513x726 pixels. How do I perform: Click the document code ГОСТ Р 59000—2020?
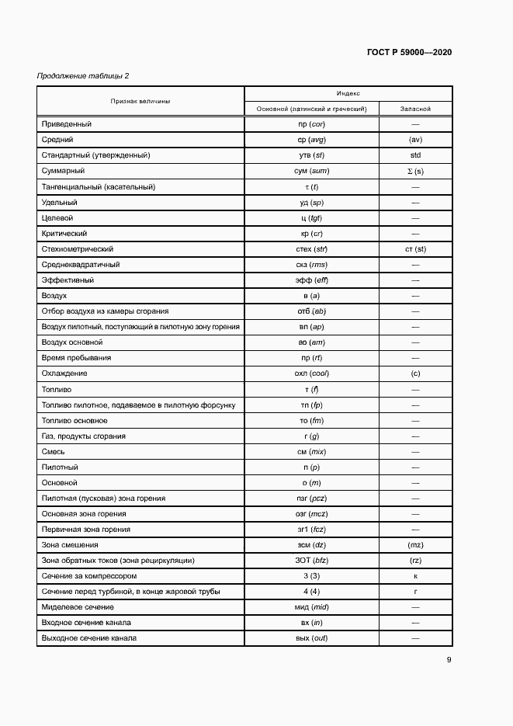coord(409,52)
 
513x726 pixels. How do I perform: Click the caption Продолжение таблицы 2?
coord(83,75)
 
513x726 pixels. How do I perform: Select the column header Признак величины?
coord(140,101)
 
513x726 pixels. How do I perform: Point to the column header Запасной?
coord(415,109)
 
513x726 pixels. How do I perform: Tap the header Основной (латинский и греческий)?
coord(311,109)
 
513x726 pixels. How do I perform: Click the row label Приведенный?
coord(66,124)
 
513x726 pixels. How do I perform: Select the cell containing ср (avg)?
coord(311,140)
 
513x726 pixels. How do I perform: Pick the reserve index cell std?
coord(415,155)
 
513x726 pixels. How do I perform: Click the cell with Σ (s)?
coord(415,171)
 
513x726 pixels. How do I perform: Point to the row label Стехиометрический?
coord(78,249)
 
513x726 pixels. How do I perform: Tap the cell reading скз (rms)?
coord(311,265)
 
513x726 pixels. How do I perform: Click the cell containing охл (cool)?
coord(311,373)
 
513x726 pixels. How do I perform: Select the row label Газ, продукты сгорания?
coord(83,436)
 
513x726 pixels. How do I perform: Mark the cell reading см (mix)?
coord(311,452)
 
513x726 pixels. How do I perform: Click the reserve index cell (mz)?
coord(415,545)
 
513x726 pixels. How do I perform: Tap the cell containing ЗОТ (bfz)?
coord(311,561)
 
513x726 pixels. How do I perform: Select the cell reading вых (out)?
coord(311,638)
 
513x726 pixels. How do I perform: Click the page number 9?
coord(449,661)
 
